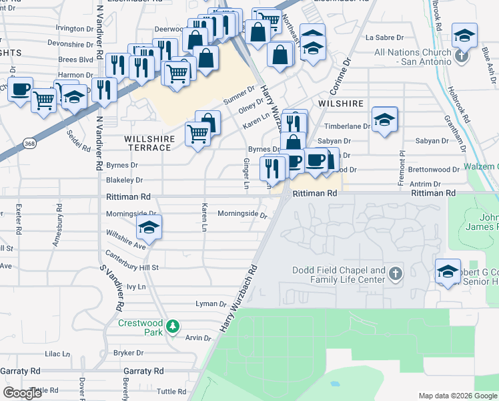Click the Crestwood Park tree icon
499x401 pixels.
pos(173,326)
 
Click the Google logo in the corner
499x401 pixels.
pos(23,393)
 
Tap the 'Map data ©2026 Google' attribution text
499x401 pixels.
pos(458,396)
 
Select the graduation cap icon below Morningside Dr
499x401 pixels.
pos(149,227)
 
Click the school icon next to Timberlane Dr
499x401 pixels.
pos(384,120)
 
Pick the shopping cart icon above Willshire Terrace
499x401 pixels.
pos(198,136)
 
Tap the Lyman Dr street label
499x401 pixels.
pos(211,303)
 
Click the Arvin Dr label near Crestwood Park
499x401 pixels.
pos(198,338)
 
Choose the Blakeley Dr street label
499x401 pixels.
pos(125,180)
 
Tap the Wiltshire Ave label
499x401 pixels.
pos(125,241)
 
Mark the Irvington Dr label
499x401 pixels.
pos(75,29)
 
